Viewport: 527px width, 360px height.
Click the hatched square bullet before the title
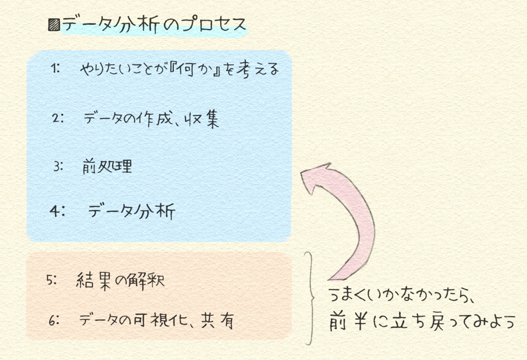tap(54, 25)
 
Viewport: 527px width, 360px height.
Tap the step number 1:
tap(55, 68)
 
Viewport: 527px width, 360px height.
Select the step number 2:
tap(57, 118)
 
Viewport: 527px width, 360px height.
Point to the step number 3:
tap(58, 167)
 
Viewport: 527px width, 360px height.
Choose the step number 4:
tap(57, 211)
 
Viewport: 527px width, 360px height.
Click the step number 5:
tap(52, 280)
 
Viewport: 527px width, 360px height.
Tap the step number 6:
tap(54, 321)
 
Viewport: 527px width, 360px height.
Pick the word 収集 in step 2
tap(202, 119)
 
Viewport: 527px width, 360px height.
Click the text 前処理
tap(107, 167)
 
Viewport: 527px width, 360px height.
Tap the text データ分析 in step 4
tap(131, 211)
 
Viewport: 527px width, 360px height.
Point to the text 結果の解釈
tap(120, 281)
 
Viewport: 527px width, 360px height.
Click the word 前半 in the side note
tap(347, 321)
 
